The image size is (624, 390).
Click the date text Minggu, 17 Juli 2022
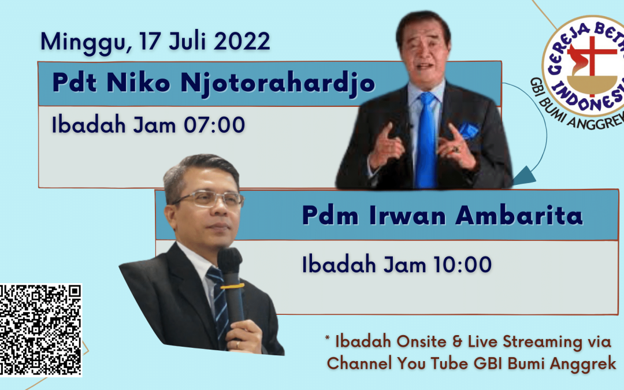click(155, 42)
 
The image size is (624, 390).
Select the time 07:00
click(214, 125)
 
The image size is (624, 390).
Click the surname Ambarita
click(519, 216)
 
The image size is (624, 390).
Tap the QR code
click(40, 330)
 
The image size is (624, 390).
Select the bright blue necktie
click(426, 140)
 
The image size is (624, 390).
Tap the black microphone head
click(229, 260)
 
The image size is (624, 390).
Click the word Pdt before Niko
click(75, 83)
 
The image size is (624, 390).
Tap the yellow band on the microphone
click(232, 286)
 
